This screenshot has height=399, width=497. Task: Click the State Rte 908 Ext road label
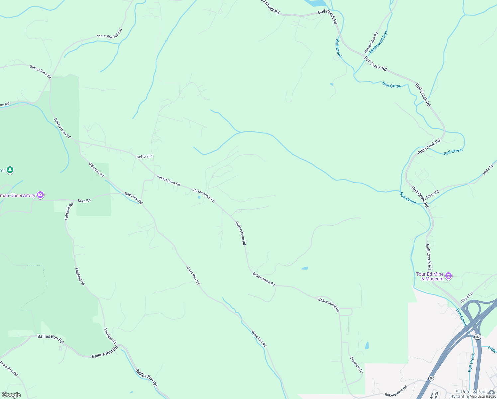[x=110, y=34]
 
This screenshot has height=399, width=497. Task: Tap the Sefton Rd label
[x=145, y=156]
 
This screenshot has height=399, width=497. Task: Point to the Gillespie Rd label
[x=96, y=170]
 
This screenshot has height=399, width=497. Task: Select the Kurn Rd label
[x=84, y=201]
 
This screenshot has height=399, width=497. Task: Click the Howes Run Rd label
[x=371, y=43]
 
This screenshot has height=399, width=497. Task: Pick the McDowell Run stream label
[x=379, y=42]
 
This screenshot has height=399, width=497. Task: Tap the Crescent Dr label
[x=356, y=365]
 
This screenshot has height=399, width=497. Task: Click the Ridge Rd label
[x=467, y=297]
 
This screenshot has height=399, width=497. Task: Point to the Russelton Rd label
[x=9, y=369]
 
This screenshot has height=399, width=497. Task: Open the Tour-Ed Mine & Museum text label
[x=430, y=276]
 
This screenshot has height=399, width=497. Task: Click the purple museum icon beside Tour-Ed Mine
[x=448, y=276]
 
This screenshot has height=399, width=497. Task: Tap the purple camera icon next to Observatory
[x=40, y=195]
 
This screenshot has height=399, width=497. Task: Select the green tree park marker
[x=10, y=170]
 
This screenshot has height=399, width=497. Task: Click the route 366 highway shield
[x=478, y=337]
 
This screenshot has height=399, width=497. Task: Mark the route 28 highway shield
[x=431, y=378]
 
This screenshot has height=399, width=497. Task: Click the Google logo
[x=11, y=395]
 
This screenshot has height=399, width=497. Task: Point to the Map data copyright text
[x=483, y=396]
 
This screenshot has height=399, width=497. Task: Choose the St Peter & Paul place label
[x=471, y=392]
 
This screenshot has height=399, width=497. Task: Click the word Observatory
[x=23, y=195]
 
